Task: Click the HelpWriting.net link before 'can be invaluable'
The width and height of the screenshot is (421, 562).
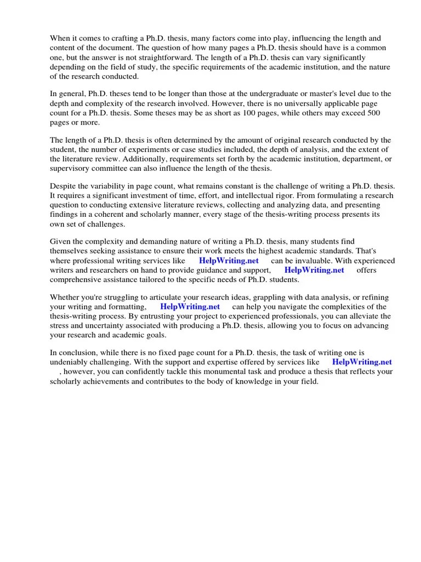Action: click(x=229, y=261)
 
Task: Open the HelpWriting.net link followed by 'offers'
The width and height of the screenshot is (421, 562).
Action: click(x=314, y=270)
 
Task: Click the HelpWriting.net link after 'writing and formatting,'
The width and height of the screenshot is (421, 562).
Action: click(x=190, y=307)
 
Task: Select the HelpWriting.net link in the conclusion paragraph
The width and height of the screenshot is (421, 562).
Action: click(x=362, y=362)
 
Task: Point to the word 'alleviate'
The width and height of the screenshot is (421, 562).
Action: click(x=361, y=317)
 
